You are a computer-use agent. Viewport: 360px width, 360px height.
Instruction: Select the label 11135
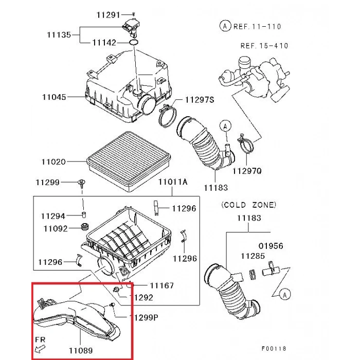[59, 35]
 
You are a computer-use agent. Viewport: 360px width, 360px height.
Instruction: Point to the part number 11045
[53, 96]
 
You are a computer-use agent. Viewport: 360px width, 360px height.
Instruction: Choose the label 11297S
[200, 100]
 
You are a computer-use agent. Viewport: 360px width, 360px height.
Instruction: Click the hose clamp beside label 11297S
[167, 116]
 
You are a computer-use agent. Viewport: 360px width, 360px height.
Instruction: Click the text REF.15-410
[264, 46]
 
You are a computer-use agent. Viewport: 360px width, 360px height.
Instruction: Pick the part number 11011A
[173, 182]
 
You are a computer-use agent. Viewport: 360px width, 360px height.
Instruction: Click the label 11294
[53, 216]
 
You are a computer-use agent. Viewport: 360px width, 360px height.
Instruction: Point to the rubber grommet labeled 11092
[86, 227]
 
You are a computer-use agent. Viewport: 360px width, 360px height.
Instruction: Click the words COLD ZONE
[249, 205]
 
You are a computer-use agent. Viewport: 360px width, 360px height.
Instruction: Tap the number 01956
[271, 246]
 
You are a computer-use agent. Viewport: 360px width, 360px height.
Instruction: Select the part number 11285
[253, 256]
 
